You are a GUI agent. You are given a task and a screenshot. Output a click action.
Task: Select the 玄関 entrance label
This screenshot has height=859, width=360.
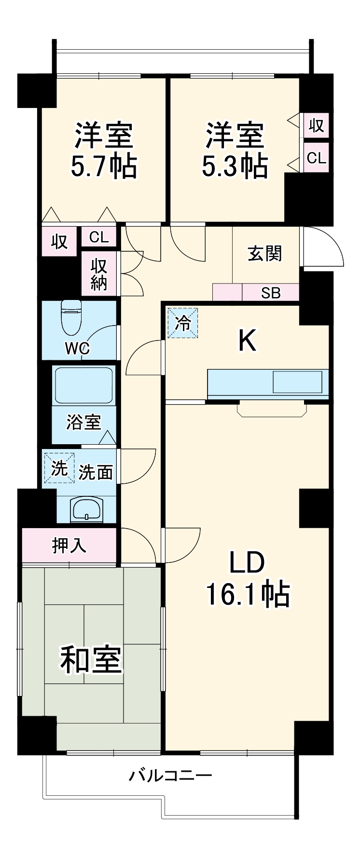click(265, 254)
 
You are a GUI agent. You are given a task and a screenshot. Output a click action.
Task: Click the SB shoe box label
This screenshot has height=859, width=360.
click(271, 293)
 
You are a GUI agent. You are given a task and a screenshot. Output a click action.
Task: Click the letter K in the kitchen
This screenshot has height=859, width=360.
click(247, 341)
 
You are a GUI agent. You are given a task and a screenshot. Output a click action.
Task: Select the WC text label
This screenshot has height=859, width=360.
click(78, 348)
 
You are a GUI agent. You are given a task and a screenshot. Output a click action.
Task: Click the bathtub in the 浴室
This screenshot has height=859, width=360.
click(84, 385)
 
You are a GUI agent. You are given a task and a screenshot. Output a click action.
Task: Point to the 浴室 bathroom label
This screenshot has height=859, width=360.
click(84, 422)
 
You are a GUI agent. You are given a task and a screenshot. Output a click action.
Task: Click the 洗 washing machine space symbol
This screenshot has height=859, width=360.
click(58, 468)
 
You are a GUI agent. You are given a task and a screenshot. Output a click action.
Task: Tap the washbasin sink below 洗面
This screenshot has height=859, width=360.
click(86, 509)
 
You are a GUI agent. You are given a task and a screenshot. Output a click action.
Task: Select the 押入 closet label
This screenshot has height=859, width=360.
click(69, 545)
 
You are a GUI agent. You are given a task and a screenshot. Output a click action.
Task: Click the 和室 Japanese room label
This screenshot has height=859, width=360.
click(91, 660)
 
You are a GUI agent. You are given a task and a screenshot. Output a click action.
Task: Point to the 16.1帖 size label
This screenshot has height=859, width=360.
click(248, 594)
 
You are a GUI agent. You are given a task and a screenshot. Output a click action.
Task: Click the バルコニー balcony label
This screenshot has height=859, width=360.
click(170, 776)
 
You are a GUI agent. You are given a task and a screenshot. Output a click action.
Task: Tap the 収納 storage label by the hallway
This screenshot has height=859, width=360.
click(99, 274)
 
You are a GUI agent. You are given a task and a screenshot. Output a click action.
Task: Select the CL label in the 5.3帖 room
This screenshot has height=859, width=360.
click(317, 158)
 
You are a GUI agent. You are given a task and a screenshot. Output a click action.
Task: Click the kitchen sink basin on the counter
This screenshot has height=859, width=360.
click(297, 382)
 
